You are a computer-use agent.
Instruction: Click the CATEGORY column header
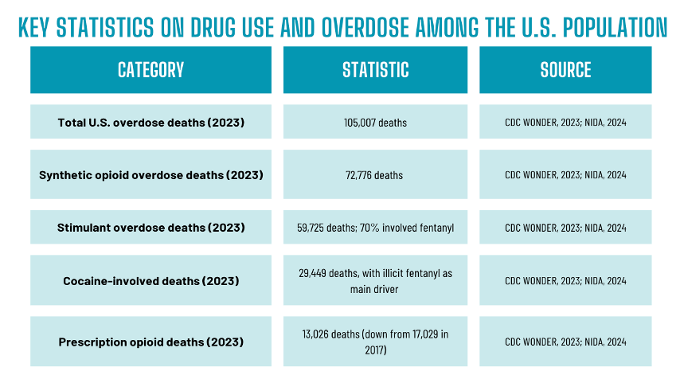tap(150, 69)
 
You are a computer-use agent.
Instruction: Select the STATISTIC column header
tap(376, 69)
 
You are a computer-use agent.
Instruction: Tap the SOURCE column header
tap(565, 69)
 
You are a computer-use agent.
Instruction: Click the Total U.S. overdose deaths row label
tap(150, 123)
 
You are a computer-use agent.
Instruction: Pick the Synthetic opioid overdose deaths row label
tap(150, 174)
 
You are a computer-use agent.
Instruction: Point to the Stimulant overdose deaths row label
tap(150, 228)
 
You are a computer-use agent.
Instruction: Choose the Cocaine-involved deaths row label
tap(150, 280)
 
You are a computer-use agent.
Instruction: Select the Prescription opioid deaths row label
tap(150, 342)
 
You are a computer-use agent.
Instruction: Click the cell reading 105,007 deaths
tap(376, 123)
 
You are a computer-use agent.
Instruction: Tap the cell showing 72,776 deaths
tap(376, 174)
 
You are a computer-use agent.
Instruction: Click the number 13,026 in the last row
tap(319, 334)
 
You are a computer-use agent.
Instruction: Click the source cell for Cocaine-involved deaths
tap(565, 280)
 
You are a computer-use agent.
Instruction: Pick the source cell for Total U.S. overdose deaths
tap(565, 123)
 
